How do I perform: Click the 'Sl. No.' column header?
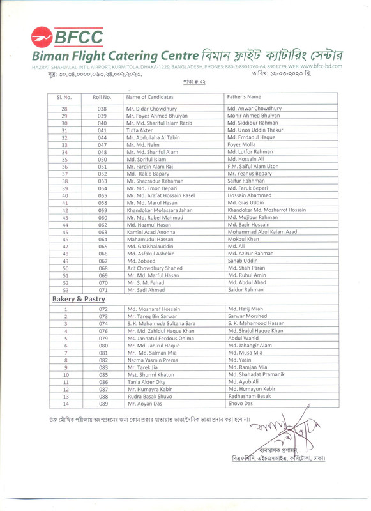(64, 96)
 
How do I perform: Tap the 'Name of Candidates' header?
(151, 96)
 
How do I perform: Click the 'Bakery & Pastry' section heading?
(73, 299)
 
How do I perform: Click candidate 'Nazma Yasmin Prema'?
(152, 360)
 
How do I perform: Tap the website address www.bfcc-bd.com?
(321, 66)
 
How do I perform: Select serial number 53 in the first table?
(64, 289)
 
